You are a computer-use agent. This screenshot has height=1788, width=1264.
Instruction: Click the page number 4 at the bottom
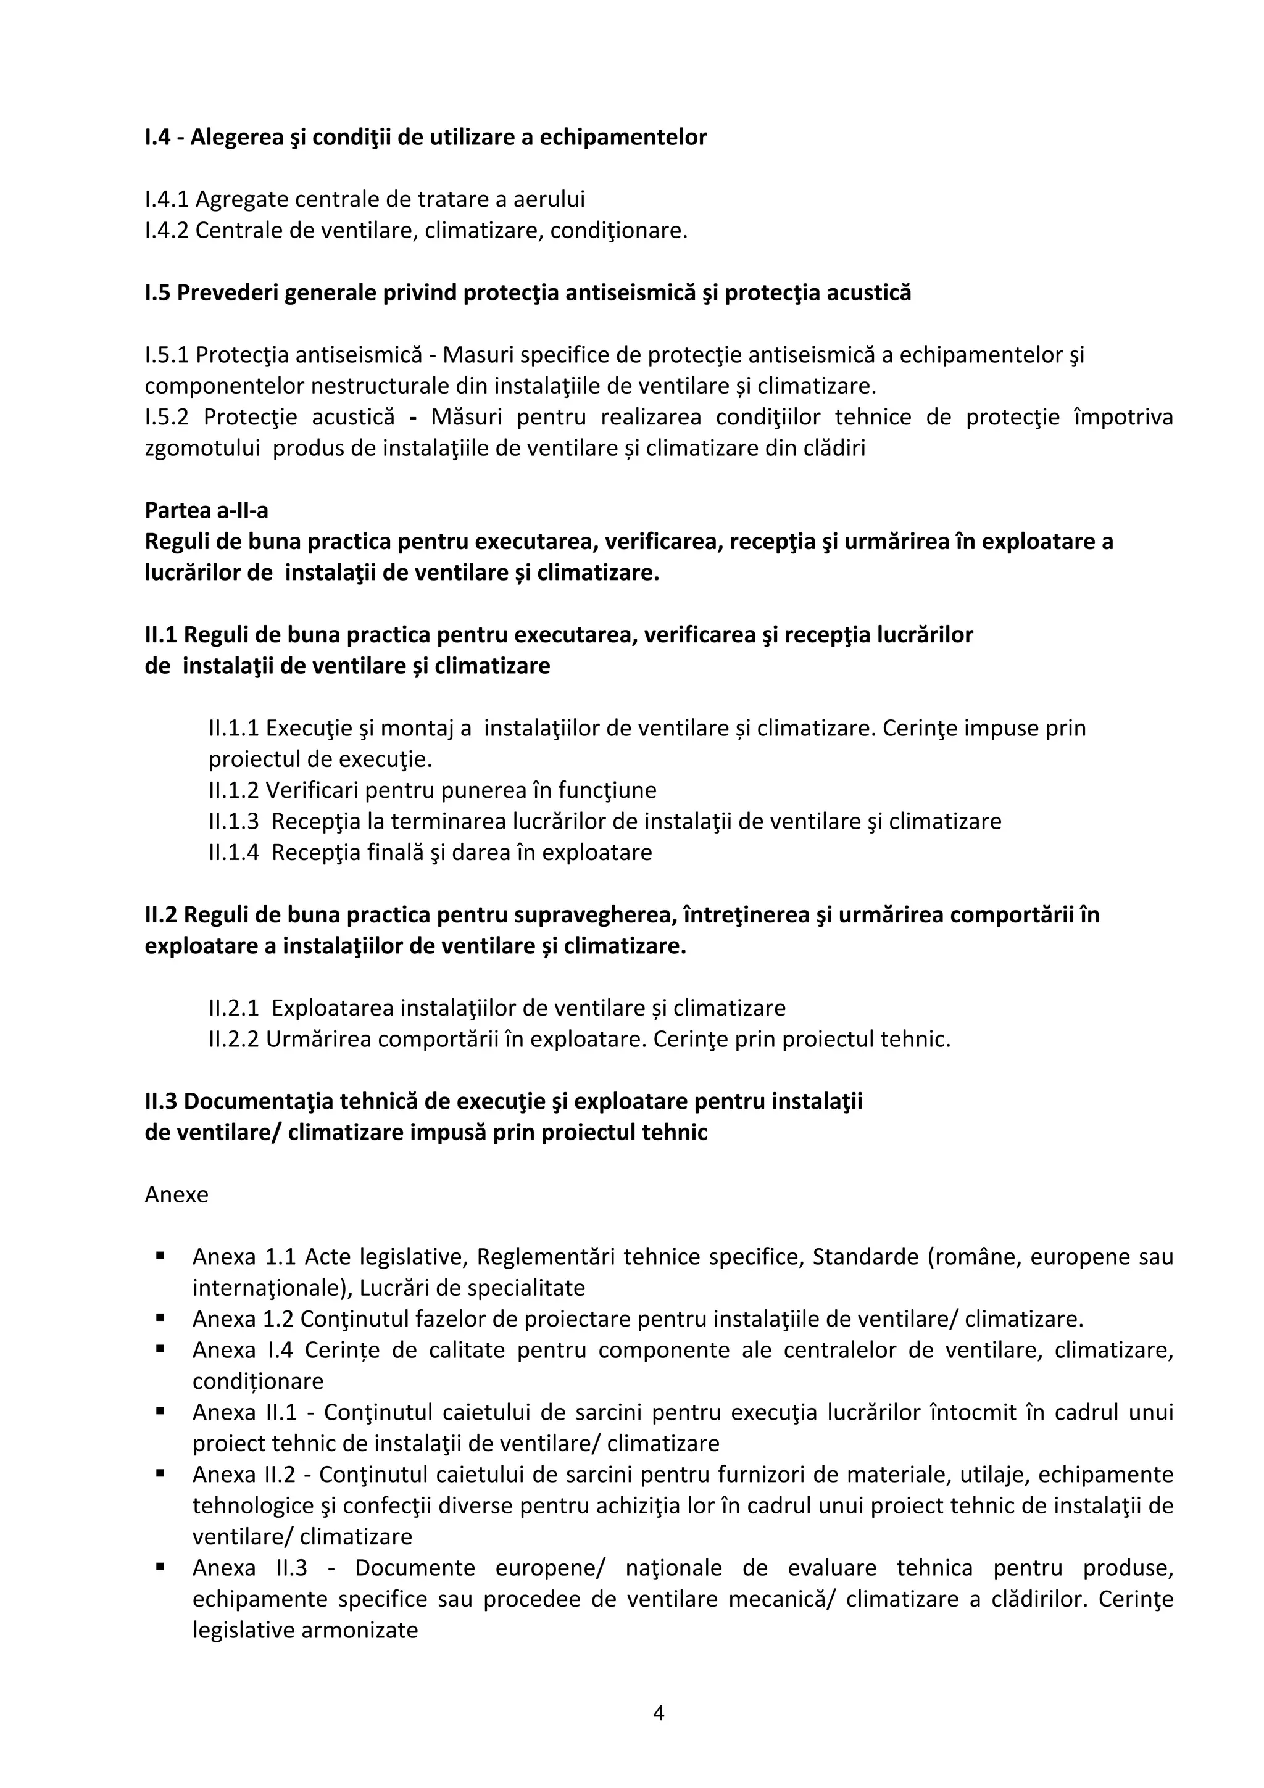pos(658,1713)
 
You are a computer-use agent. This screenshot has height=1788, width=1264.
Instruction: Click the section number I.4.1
pos(167,199)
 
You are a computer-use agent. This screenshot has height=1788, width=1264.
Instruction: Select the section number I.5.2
pos(167,418)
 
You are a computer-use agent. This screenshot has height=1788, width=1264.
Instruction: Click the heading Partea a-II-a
pos(206,510)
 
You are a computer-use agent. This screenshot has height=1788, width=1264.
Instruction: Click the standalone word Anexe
pos(177,1194)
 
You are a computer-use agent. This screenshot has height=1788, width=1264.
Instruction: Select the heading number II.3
pos(161,1101)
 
